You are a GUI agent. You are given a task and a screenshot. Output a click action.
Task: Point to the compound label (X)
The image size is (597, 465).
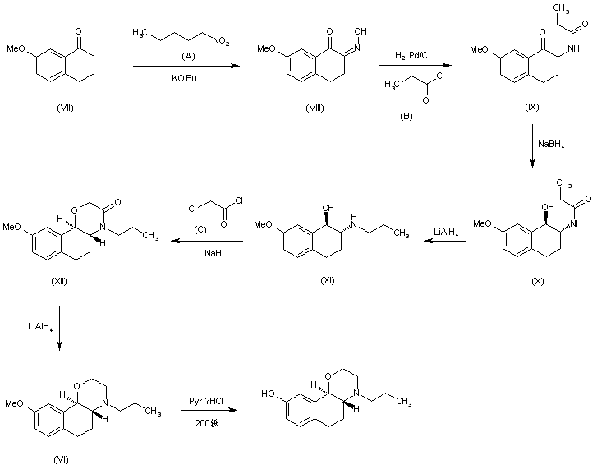538,281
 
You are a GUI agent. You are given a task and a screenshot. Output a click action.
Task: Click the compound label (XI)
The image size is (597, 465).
328,281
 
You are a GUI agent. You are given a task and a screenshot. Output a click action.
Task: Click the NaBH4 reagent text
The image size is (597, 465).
551,145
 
